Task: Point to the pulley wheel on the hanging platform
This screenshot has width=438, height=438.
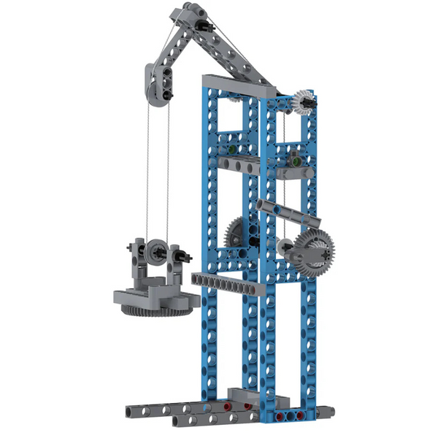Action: [155, 253]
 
